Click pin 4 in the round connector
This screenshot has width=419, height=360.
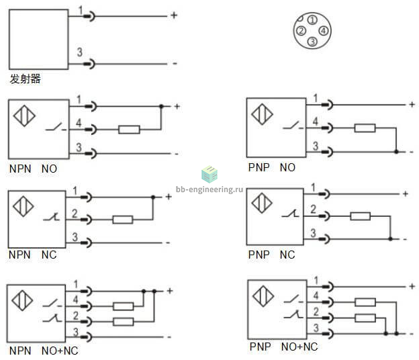tap(324, 31)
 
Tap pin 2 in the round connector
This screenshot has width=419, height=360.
tap(301, 31)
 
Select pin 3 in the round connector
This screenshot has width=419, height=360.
tap(312, 42)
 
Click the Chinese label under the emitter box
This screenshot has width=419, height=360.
tap(25, 79)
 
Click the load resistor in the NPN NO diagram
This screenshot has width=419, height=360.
tap(129, 130)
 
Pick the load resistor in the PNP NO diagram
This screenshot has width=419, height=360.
tap(365, 128)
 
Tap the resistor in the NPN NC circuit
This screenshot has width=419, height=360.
tap(123, 220)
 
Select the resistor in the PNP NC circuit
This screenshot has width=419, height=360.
tap(360, 216)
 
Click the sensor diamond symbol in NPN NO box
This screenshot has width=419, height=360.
tap(24, 116)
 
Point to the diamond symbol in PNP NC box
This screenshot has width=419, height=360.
tap(262, 203)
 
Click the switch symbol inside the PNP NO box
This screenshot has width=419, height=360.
tap(293, 126)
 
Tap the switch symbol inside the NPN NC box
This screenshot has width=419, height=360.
tap(52, 217)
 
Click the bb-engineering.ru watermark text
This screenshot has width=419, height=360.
tap(209, 189)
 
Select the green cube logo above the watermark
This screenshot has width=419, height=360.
tap(209, 174)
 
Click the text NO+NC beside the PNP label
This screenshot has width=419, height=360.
tap(299, 347)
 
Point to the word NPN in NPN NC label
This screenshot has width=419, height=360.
tap(19, 255)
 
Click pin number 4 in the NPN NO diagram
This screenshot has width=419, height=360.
tap(79, 123)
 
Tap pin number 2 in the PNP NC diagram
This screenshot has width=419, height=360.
tap(313, 209)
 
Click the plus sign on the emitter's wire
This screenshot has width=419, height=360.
tap(174, 15)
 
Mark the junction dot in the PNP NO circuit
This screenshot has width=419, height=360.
tap(396, 152)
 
